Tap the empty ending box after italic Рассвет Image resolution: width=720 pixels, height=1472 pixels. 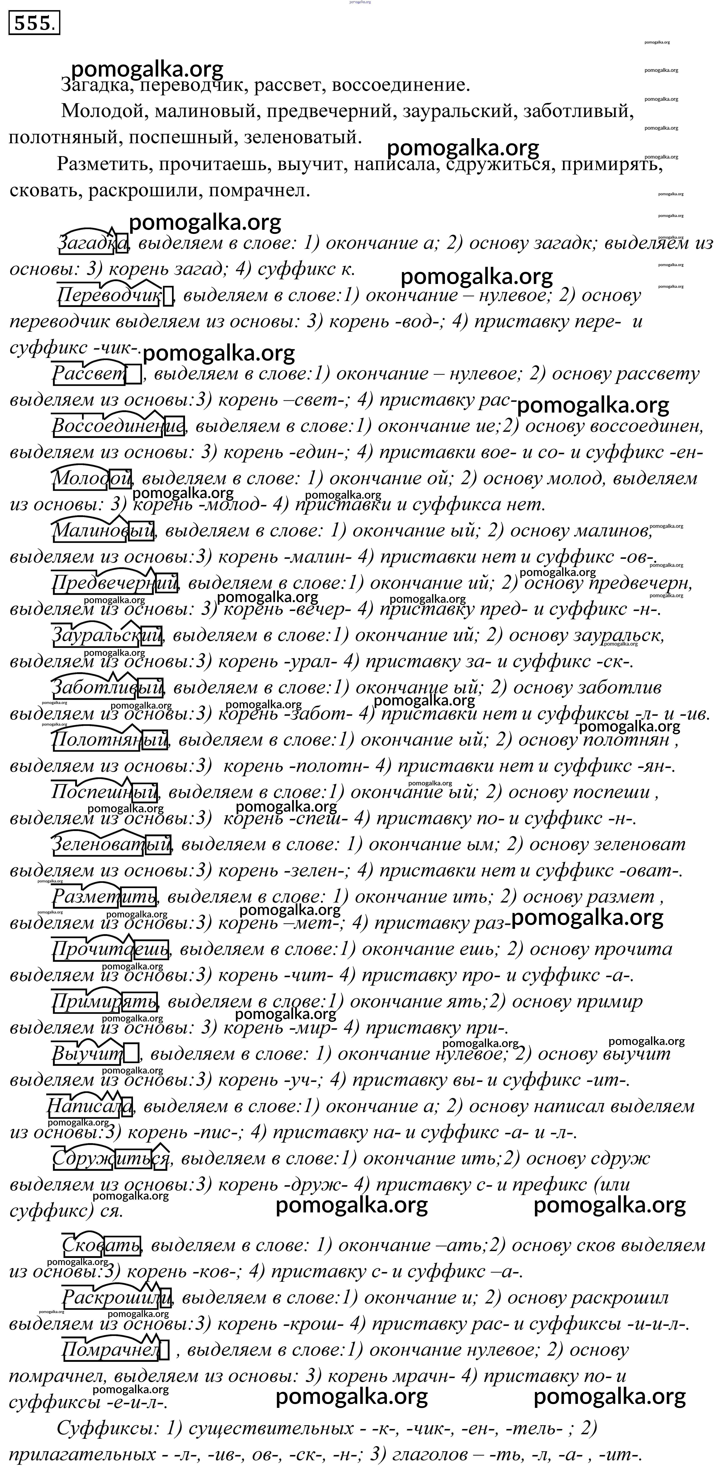point(133,375)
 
